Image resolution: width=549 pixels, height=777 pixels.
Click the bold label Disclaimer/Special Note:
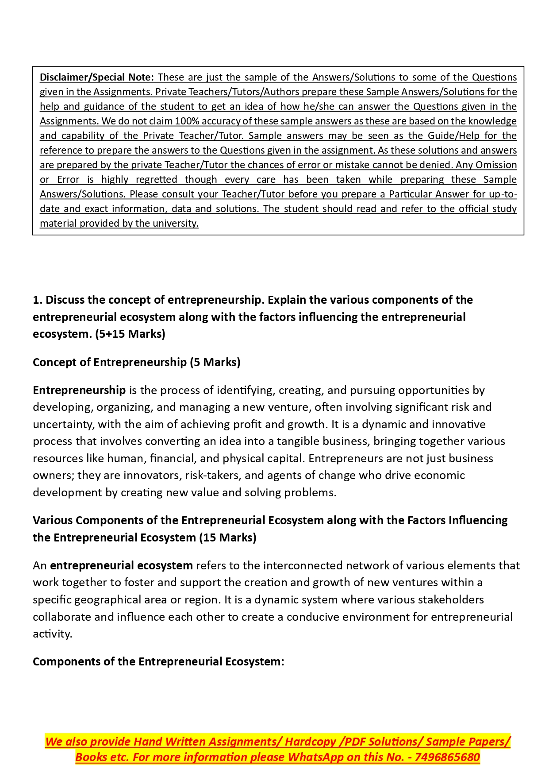pos(96,77)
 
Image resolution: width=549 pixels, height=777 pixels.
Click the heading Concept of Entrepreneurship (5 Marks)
pos(136,362)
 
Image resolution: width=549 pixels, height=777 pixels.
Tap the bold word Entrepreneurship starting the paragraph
pos(79,390)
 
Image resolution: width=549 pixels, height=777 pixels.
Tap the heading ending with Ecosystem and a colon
pos(158,662)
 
